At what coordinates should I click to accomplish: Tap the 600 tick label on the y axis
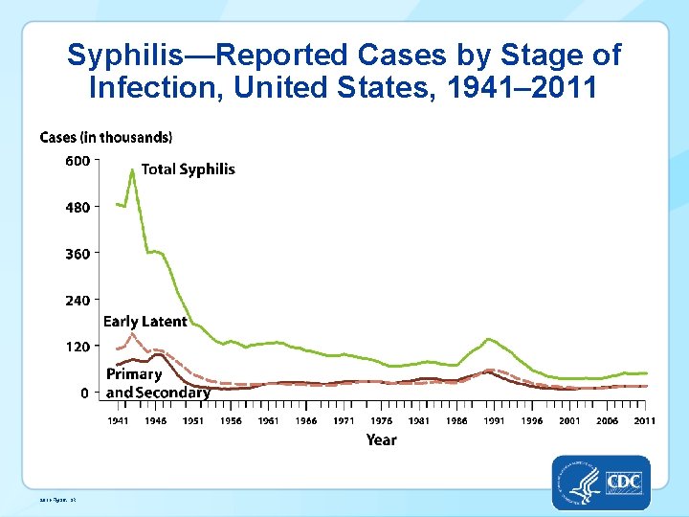pyautogui.click(x=78, y=161)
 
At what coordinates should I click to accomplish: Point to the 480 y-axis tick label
pyautogui.click(x=78, y=207)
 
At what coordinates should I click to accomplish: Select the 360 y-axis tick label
pyautogui.click(x=78, y=254)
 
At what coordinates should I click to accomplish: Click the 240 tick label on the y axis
pyautogui.click(x=78, y=300)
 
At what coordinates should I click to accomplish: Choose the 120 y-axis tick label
pyautogui.click(x=78, y=346)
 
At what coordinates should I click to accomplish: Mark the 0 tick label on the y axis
pyautogui.click(x=86, y=393)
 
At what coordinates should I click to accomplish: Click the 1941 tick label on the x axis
pyautogui.click(x=118, y=421)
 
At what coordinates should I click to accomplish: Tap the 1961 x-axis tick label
pyautogui.click(x=268, y=421)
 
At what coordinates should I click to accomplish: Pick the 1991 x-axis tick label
pyautogui.click(x=494, y=421)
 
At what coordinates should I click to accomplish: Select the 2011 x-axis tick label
pyautogui.click(x=644, y=421)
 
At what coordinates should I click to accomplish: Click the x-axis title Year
pyautogui.click(x=381, y=440)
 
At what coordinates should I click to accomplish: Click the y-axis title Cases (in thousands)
pyautogui.click(x=106, y=138)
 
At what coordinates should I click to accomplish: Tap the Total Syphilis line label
pyautogui.click(x=188, y=169)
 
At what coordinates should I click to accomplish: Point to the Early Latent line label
pyautogui.click(x=144, y=322)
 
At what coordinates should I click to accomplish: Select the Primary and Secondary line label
pyautogui.click(x=158, y=384)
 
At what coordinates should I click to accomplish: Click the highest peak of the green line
pyautogui.click(x=132, y=169)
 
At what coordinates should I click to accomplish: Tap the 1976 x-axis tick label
pyautogui.click(x=381, y=421)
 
